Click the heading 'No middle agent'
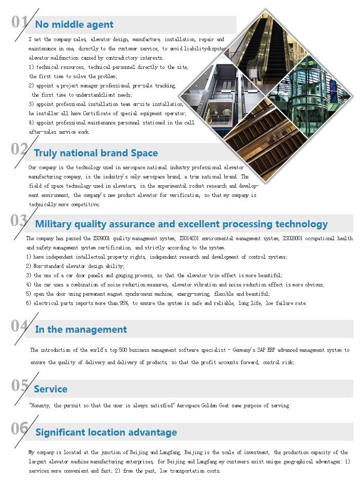tap(74, 24)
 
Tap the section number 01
tap(20, 22)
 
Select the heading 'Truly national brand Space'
tap(96, 153)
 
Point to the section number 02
tap(20, 149)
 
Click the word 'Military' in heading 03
tap(55, 224)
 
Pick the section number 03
tap(20, 221)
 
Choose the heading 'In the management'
tap(81, 329)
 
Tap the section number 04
tap(20, 326)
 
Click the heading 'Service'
tap(51, 389)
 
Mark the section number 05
tap(20, 386)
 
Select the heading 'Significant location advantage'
tap(106, 432)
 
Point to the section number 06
tap(20, 429)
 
